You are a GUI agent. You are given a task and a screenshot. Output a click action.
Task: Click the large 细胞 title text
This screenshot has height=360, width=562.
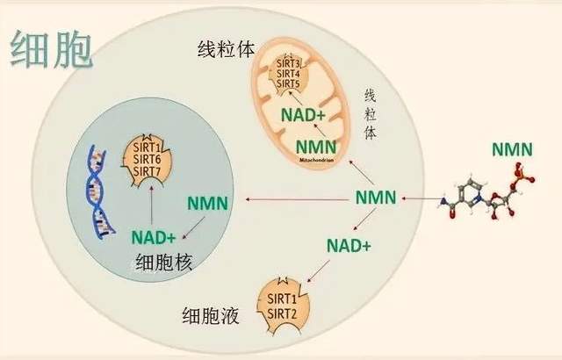(x=51, y=50)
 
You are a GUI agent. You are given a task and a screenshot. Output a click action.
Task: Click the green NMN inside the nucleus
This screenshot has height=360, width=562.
(x=208, y=204)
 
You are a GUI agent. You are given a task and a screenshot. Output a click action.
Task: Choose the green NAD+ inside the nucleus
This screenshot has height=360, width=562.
(x=153, y=237)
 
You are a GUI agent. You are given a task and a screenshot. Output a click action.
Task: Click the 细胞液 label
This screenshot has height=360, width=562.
(x=210, y=313)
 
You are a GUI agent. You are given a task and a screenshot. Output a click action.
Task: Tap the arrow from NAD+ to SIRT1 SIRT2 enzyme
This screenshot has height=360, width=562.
(x=316, y=270)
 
